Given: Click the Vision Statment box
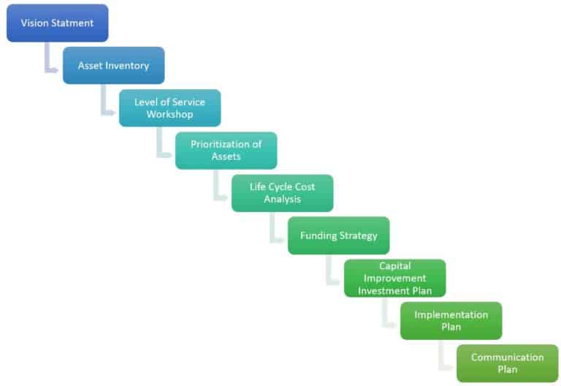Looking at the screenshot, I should pos(58,23).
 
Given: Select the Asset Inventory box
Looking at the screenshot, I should pos(113,66).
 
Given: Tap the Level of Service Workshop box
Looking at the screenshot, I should pos(169,108).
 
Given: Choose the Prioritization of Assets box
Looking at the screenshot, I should pos(226,151).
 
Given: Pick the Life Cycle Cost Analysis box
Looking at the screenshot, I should pos(282,193).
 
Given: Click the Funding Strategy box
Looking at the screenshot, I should pos(338,235).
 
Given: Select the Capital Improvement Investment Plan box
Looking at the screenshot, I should pos(394,278).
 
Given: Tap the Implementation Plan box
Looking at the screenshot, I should pos(451,320).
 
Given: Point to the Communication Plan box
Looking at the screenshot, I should pos(507,363).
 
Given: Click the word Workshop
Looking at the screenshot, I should pos(169,115).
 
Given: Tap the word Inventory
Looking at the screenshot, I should pos(127,66).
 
